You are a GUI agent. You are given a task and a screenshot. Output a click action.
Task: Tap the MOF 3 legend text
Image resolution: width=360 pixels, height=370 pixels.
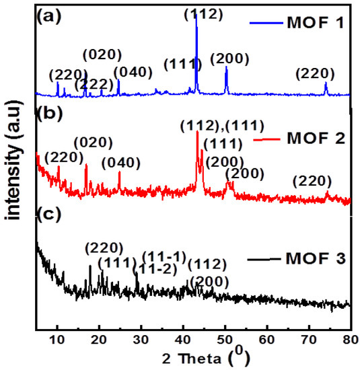[314, 258]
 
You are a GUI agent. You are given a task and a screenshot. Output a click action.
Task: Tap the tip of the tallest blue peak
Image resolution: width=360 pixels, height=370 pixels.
[196, 15]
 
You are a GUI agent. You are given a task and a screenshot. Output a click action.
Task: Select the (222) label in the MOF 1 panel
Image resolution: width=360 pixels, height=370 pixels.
[91, 83]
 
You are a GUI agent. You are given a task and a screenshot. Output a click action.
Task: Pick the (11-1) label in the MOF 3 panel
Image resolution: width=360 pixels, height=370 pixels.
[159, 258]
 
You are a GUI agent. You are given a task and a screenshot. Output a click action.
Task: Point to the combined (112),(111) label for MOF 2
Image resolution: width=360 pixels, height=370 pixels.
[221, 124]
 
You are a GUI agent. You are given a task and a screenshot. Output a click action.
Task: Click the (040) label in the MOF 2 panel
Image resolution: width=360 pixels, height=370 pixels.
[120, 163]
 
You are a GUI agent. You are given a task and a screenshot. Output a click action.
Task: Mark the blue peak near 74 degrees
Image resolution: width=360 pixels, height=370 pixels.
[326, 87]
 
